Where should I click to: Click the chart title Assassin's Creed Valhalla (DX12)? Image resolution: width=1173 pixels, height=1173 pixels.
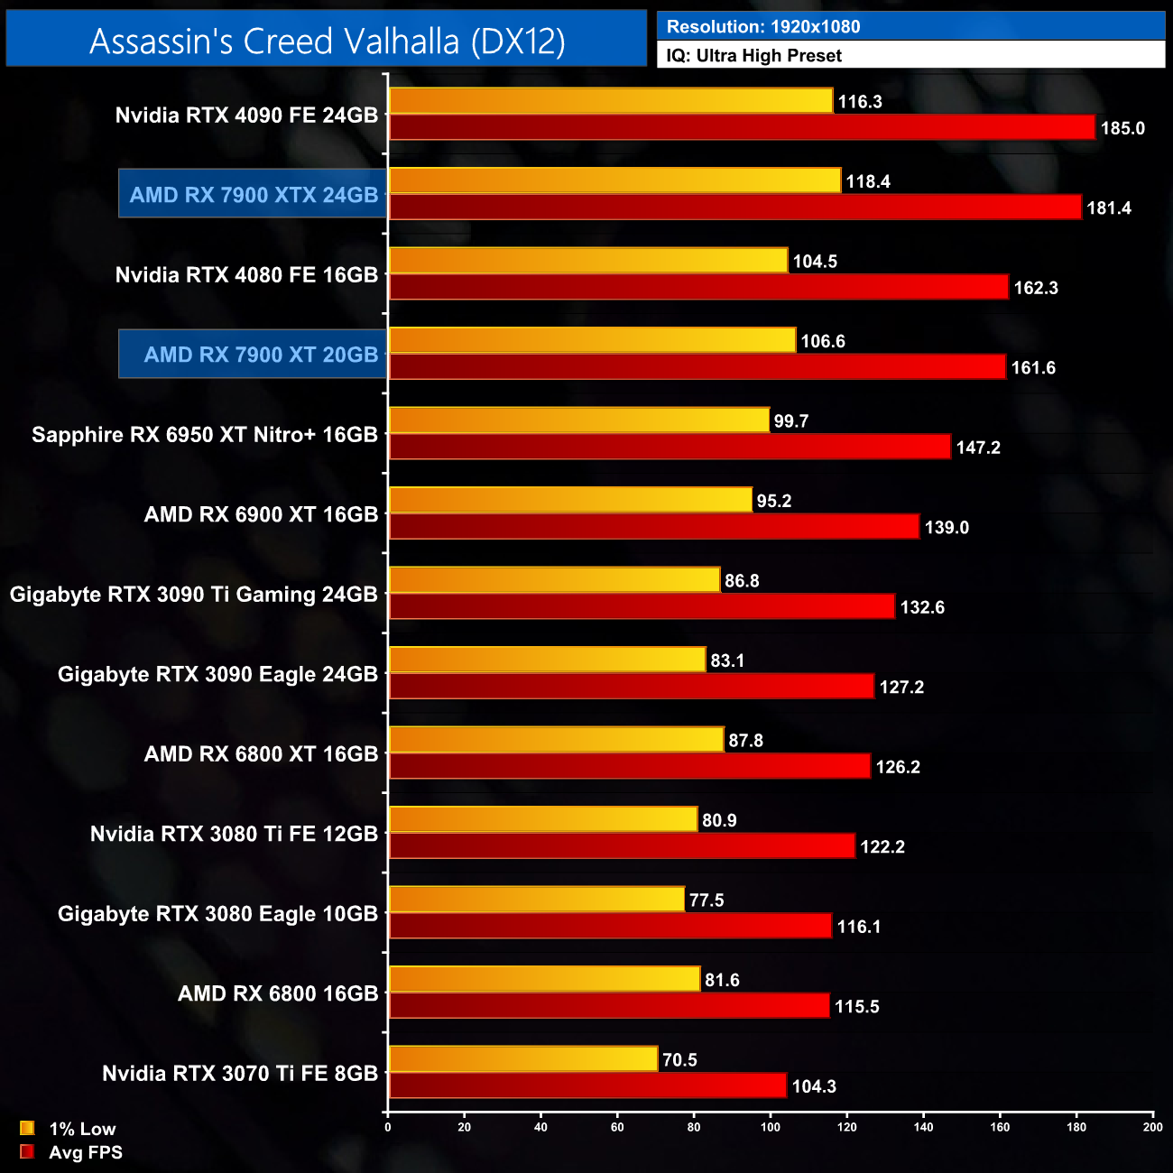pyautogui.click(x=327, y=41)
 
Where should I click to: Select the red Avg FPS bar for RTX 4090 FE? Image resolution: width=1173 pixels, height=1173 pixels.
pyautogui.click(x=742, y=128)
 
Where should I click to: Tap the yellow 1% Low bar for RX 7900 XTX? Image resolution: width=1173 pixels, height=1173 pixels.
pyautogui.click(x=614, y=180)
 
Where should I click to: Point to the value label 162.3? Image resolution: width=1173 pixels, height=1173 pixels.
pyautogui.click(x=1036, y=288)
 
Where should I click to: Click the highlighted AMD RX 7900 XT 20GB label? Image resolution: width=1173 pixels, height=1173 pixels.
pyautogui.click(x=253, y=355)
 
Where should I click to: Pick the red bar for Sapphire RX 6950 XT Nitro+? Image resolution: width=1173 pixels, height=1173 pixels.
pyautogui.click(x=670, y=448)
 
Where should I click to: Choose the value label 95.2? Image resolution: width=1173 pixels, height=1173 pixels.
pyautogui.click(x=774, y=501)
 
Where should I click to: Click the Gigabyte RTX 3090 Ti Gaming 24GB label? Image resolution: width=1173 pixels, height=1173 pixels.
pyautogui.click(x=193, y=595)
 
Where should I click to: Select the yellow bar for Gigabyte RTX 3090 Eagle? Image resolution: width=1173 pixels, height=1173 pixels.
pyautogui.click(x=547, y=660)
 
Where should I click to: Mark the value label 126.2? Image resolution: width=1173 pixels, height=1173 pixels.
pyautogui.click(x=898, y=767)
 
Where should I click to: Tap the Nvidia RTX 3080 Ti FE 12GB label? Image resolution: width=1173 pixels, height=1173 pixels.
pyautogui.click(x=234, y=834)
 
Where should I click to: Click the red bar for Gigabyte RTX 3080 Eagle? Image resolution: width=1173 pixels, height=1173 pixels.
pyautogui.click(x=610, y=926)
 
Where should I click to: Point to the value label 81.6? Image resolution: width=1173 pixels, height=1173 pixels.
pyautogui.click(x=722, y=980)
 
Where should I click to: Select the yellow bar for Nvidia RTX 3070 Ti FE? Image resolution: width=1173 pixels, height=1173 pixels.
pyautogui.click(x=523, y=1059)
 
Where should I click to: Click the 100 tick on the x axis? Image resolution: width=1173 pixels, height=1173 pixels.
pyautogui.click(x=771, y=1127)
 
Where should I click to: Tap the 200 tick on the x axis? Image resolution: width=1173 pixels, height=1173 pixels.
pyautogui.click(x=1152, y=1127)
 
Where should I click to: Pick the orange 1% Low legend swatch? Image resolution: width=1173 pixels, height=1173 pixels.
pyautogui.click(x=27, y=1128)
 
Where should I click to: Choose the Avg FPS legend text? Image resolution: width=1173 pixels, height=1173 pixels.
pyautogui.click(x=86, y=1152)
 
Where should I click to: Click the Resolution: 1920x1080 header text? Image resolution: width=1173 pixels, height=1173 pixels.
pyautogui.click(x=763, y=27)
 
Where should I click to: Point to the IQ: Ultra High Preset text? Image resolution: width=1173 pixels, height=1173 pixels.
pyautogui.click(x=754, y=56)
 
